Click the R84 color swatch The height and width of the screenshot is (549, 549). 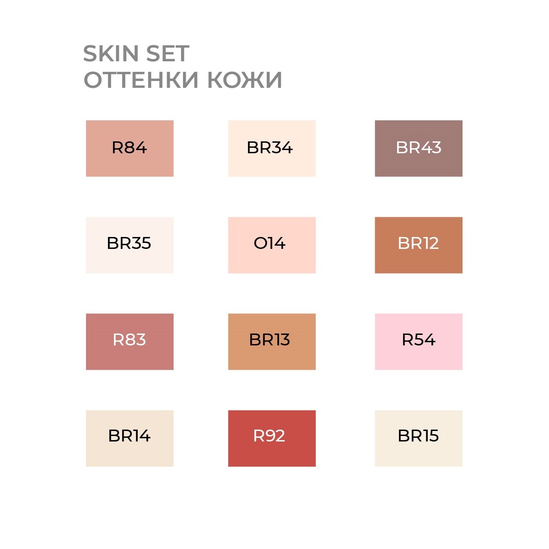[x=129, y=148]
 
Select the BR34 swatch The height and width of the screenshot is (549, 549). [x=272, y=148]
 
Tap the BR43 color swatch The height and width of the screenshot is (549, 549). [x=419, y=148]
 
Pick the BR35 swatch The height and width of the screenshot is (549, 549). [x=129, y=245]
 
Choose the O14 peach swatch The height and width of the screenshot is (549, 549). [x=272, y=245]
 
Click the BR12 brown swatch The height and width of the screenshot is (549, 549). [x=419, y=245]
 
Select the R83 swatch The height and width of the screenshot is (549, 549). [x=129, y=342]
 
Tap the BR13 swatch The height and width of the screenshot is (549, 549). [x=272, y=342]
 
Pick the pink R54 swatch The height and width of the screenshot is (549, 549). [x=419, y=342]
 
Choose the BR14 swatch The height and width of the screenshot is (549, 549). [x=129, y=438]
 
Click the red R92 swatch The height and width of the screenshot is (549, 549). [x=272, y=438]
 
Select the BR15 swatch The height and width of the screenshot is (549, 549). [x=419, y=438]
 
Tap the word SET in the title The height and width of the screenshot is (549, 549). [x=168, y=53]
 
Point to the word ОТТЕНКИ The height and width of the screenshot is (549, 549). [x=141, y=80]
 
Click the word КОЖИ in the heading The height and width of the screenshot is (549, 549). [x=245, y=80]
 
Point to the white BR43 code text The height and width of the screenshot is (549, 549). [x=419, y=148]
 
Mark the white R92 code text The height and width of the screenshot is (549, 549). [x=269, y=436]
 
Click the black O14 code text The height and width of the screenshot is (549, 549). [x=269, y=243]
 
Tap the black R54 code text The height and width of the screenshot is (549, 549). [x=419, y=339]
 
